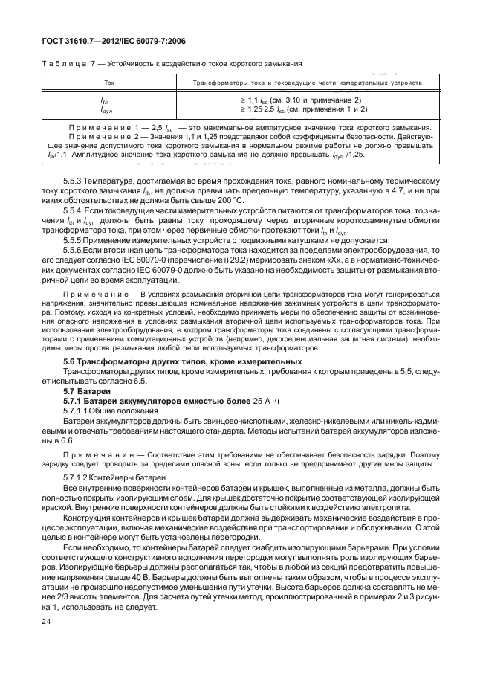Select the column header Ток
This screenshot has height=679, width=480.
click(109, 83)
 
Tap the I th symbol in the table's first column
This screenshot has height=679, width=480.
click(105, 100)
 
